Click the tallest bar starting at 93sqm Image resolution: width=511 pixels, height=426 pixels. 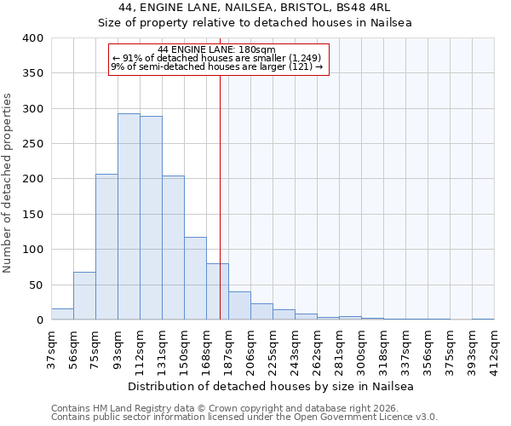(129, 217)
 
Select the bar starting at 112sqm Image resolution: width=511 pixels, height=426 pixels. (151, 218)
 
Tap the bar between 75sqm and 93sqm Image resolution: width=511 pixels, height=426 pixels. (106, 247)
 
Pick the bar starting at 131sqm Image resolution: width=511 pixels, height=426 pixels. (173, 248)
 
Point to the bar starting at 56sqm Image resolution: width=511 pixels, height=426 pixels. (84, 296)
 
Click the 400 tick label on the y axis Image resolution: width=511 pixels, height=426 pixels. (33, 38)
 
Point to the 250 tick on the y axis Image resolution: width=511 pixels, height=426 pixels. (33, 144)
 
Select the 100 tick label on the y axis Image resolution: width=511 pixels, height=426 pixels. (33, 250)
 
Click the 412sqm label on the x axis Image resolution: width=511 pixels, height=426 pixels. (494, 349)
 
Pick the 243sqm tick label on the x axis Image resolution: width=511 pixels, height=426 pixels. (295, 349)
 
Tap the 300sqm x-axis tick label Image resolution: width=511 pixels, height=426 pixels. (361, 349)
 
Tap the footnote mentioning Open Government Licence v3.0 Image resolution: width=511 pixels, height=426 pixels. (244, 417)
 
